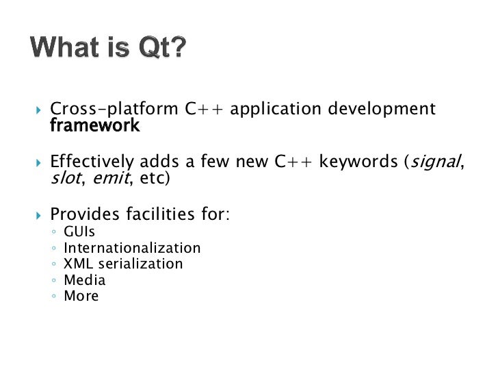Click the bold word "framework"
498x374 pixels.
pos(94,126)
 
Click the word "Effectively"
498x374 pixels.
pos(92,162)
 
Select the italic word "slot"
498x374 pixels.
pos(64,179)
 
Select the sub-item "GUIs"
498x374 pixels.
pos(79,232)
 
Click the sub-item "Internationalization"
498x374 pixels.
pos(132,248)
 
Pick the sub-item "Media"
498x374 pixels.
pos(84,280)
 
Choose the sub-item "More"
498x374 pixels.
pos(81,297)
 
